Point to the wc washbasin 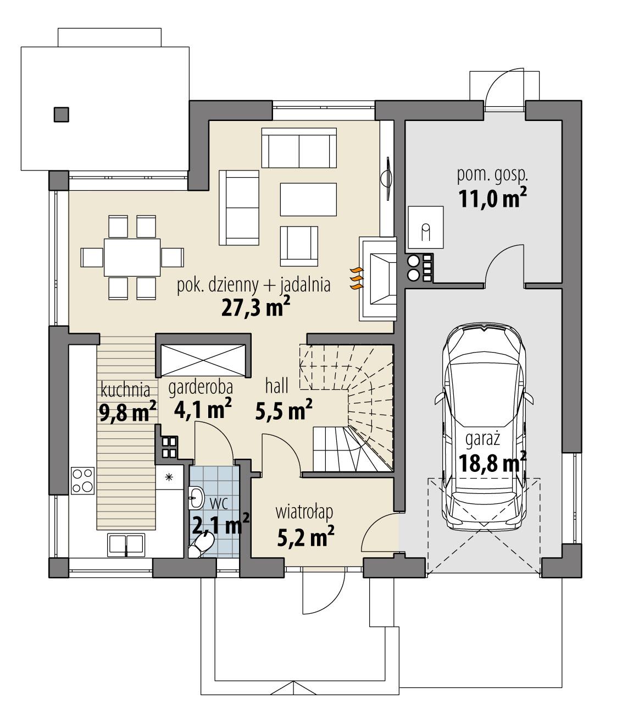click(196, 498)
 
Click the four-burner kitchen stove click(82, 480)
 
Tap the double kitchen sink click(126, 544)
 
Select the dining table click(132, 257)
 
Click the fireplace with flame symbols click(379, 278)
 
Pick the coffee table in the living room click(308, 199)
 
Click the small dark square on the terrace click(62, 114)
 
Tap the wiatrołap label click(304, 513)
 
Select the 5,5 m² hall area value click(284, 410)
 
